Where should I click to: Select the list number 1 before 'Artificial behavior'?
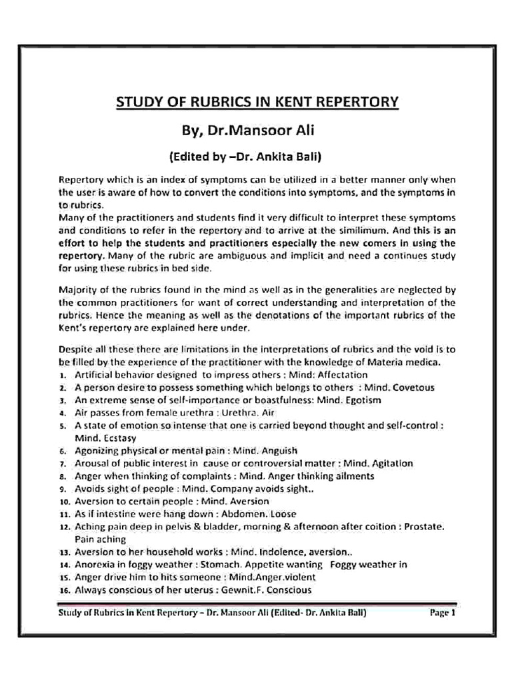tap(61, 375)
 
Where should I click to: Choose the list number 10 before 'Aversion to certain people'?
tap(63, 501)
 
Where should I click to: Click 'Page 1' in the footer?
tap(441, 612)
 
